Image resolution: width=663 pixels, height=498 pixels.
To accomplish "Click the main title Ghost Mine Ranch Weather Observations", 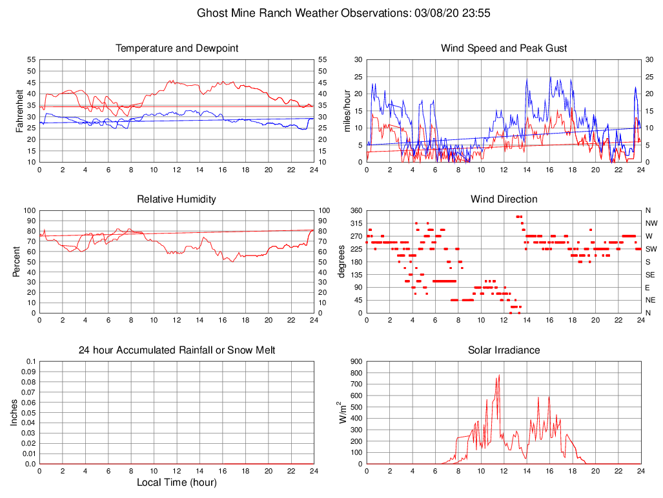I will [x=331, y=13].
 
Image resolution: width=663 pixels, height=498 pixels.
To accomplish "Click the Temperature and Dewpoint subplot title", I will [x=176, y=48].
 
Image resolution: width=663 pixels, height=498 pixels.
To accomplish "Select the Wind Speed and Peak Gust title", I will [x=504, y=48].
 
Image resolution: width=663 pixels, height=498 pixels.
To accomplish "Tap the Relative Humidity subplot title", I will [x=176, y=199].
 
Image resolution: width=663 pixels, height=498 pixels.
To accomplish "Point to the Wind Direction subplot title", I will [x=504, y=199].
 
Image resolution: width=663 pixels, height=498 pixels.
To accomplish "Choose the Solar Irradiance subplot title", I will [x=504, y=350].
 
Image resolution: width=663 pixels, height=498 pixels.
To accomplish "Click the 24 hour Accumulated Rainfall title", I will [x=176, y=350].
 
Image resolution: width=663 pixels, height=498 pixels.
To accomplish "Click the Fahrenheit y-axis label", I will [x=20, y=110].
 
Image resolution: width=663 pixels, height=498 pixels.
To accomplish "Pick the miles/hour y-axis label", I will [x=347, y=110].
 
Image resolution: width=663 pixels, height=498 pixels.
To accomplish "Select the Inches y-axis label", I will [x=15, y=412].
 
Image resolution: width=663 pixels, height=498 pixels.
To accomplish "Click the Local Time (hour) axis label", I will [x=176, y=482].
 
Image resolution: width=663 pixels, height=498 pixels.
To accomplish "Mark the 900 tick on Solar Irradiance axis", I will [x=355, y=362].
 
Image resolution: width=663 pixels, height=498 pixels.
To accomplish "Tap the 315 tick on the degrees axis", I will [x=355, y=223].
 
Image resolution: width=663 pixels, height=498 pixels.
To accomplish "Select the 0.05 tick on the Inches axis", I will [x=28, y=413].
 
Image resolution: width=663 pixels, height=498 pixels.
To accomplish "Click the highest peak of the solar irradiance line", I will [x=499, y=375].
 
